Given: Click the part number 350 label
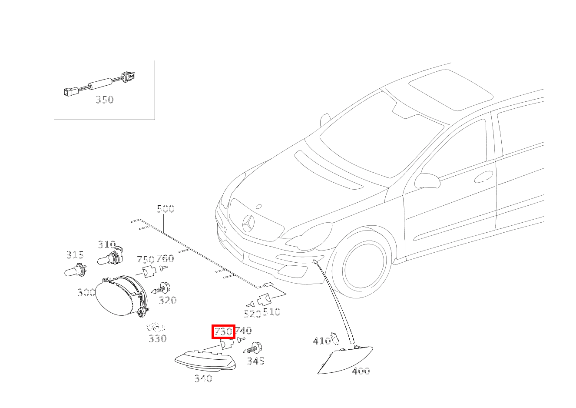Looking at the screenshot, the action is pyautogui.click(x=105, y=100).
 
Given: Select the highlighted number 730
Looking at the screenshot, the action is pyautogui.click(x=223, y=331).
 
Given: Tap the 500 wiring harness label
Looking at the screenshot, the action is pyautogui.click(x=166, y=208).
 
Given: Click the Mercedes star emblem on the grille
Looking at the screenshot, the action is pyautogui.click(x=248, y=223).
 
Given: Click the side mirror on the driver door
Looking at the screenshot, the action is pyautogui.click(x=427, y=181).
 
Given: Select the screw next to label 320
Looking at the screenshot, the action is pyautogui.click(x=161, y=288).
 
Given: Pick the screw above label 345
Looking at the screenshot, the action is pyautogui.click(x=252, y=348).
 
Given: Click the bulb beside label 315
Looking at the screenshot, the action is pyautogui.click(x=76, y=270).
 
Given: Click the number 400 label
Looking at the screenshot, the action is pyautogui.click(x=361, y=371).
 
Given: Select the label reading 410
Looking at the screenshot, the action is pyautogui.click(x=322, y=341).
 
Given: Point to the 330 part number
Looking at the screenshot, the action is pyautogui.click(x=158, y=338).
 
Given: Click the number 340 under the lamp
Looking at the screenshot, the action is pyautogui.click(x=203, y=378).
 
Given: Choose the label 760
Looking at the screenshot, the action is pyautogui.click(x=166, y=258).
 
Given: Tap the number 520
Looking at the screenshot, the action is pyautogui.click(x=252, y=314).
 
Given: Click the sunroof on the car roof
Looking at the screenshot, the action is pyautogui.click(x=451, y=90).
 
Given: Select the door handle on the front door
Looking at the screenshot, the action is pyautogui.click(x=483, y=177).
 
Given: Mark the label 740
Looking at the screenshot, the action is pyautogui.click(x=243, y=330).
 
